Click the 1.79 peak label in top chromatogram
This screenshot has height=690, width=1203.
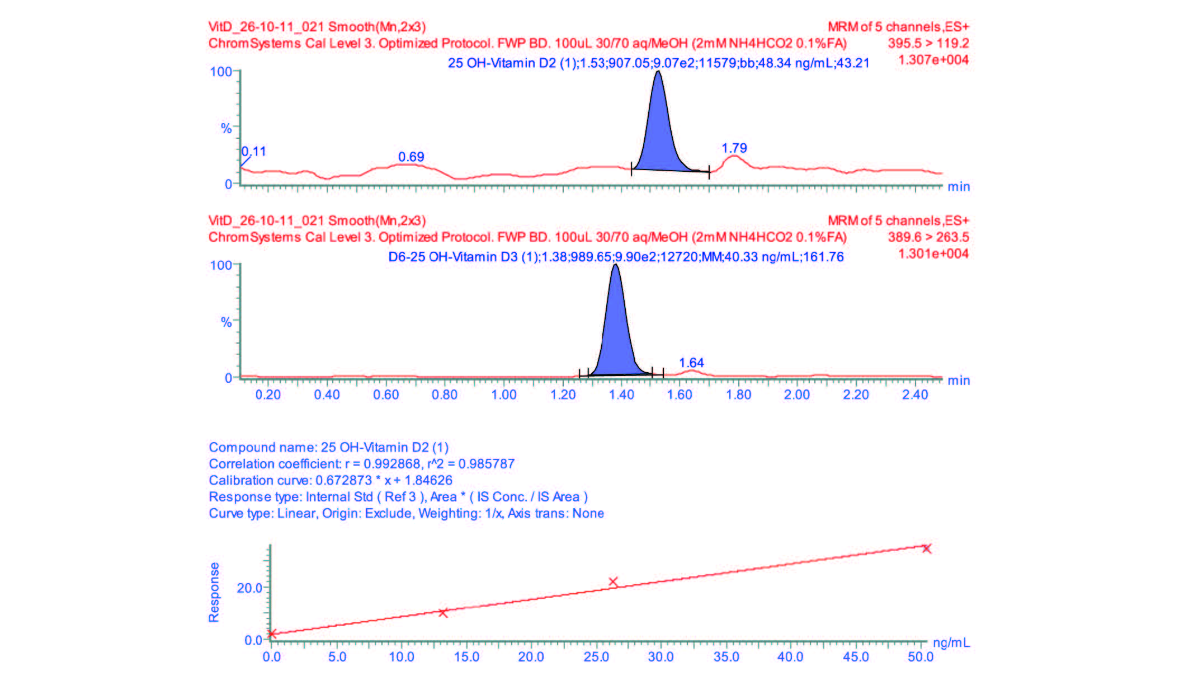coord(734,148)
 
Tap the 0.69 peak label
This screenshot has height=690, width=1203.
coord(411,157)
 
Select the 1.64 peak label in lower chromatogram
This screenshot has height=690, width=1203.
coord(691,363)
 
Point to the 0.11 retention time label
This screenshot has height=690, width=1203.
coord(254,152)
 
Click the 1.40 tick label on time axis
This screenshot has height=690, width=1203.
coord(621,395)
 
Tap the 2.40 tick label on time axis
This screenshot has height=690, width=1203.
coord(915,395)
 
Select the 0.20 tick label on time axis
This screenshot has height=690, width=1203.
coord(268,395)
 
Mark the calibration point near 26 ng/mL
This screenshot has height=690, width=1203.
coord(613,582)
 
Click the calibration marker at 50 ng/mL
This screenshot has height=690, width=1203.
coord(927,548)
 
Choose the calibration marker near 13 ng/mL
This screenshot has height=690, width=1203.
coord(443,613)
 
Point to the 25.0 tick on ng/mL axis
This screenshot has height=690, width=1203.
coord(596,657)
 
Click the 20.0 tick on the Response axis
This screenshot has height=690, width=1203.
coord(249,588)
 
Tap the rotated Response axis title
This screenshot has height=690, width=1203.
coord(214,592)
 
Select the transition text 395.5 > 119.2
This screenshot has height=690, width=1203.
coord(928,44)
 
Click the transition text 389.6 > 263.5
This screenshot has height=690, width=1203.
coord(928,237)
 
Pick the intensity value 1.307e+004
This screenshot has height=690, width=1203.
coord(933,60)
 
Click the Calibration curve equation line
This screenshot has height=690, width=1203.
coord(331,481)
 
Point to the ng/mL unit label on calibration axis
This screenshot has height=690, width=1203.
coord(951,643)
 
